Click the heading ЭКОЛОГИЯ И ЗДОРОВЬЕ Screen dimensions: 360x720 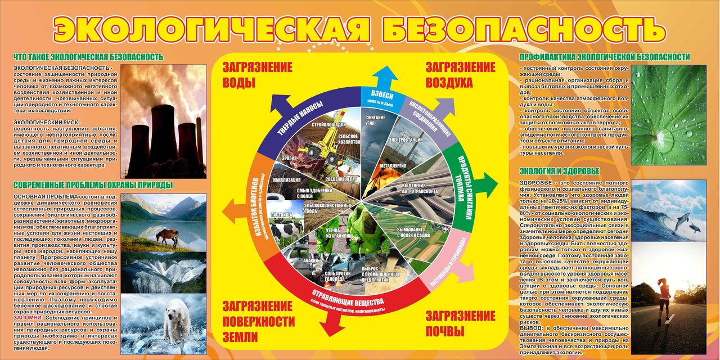tap(560, 171)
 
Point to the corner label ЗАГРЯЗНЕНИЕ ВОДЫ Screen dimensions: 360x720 tap(257, 75)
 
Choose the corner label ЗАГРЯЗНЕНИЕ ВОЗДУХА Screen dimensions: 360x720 tap(460, 75)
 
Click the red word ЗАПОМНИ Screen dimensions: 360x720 tap(26, 318)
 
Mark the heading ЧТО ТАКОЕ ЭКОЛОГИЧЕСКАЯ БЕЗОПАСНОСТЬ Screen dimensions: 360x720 tap(88, 57)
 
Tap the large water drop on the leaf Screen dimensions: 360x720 tap(664, 137)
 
